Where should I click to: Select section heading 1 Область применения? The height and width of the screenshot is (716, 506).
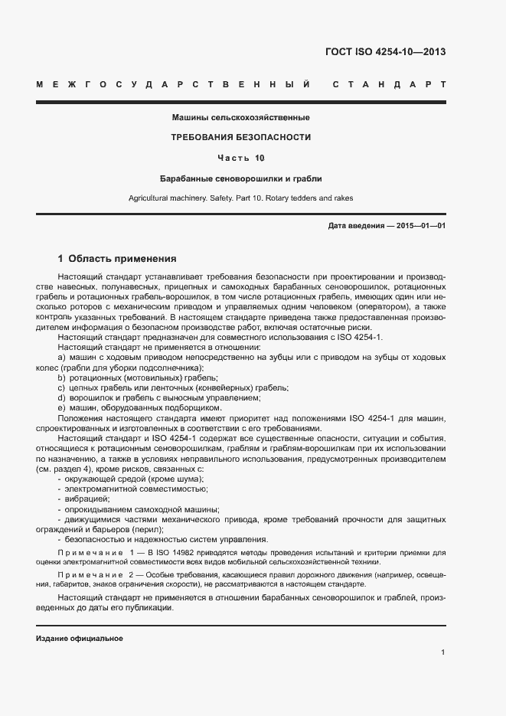tap(117, 259)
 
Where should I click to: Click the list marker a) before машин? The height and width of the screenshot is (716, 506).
tap(61, 358)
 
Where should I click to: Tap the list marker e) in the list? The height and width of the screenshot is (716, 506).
tap(61, 407)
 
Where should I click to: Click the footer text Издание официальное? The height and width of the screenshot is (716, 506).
tap(80, 638)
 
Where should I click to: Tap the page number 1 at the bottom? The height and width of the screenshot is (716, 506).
tap(443, 652)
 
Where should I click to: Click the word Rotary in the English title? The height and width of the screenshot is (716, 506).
tap(277, 199)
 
